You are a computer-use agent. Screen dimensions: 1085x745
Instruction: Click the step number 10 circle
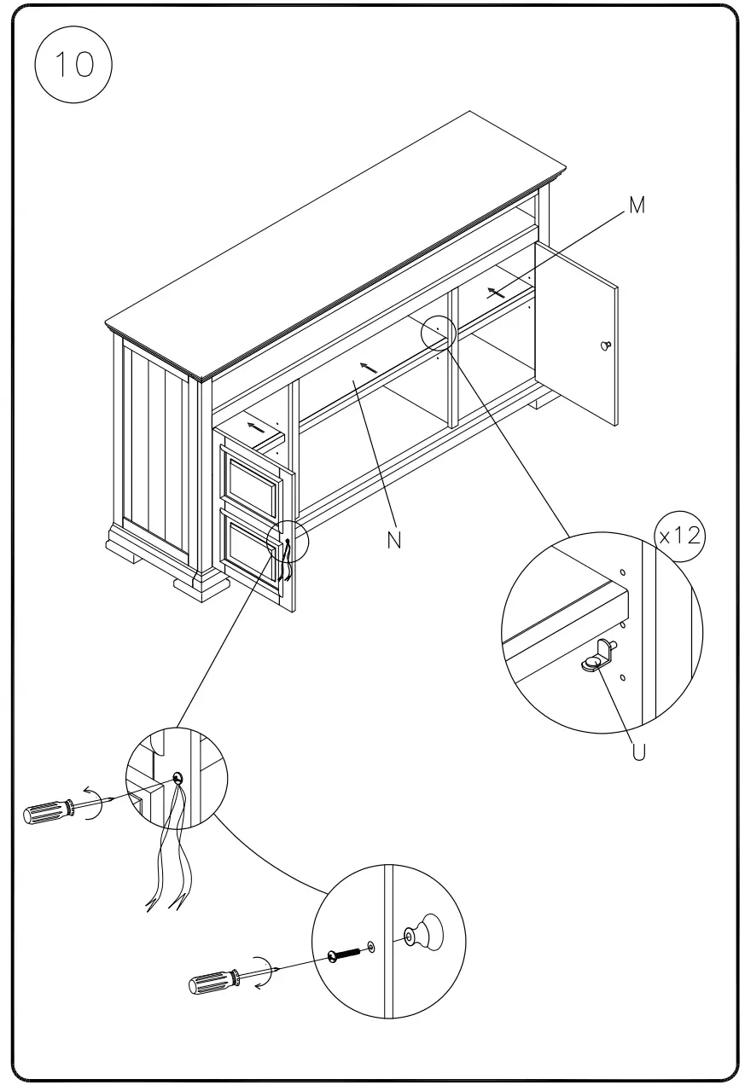point(73,64)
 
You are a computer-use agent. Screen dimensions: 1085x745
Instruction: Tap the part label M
point(637,206)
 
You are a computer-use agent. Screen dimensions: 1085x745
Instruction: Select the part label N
point(393,540)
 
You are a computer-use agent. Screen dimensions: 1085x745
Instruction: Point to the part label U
point(639,751)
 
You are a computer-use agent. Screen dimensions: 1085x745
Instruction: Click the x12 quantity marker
point(679,537)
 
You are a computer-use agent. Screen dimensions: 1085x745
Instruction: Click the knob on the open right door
point(606,345)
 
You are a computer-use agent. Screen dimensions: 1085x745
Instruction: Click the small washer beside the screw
point(371,946)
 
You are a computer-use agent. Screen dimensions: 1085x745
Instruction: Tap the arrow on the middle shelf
point(368,368)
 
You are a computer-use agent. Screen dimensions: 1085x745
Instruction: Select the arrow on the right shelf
point(495,292)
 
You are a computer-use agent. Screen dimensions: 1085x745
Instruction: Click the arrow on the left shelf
point(255,426)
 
